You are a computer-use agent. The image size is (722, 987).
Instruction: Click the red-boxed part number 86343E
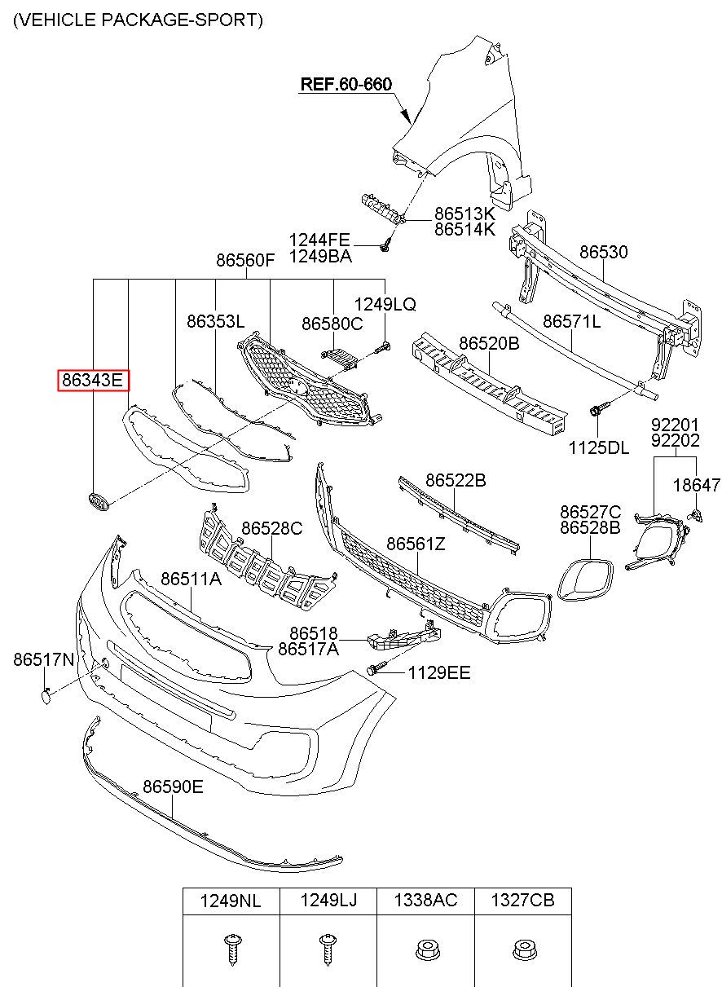94,380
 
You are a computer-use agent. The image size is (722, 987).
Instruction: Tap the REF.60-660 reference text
346,84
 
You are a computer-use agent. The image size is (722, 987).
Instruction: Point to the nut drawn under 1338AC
425,950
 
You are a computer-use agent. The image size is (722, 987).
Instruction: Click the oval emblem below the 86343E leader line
99,502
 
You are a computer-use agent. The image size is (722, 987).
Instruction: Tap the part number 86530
603,252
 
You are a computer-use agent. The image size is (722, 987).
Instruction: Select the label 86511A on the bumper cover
191,579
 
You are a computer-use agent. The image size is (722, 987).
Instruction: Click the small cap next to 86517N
46,697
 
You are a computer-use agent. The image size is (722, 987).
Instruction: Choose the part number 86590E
173,787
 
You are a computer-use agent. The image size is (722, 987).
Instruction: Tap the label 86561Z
416,544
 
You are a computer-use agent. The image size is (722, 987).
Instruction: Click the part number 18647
697,485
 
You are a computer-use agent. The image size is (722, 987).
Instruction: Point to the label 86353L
215,321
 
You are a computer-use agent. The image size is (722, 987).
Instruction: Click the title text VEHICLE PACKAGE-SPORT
138,20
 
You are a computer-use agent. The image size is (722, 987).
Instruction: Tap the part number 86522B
456,480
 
